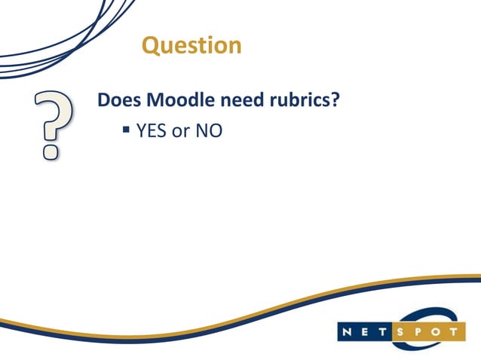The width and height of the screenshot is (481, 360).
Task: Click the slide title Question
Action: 191,45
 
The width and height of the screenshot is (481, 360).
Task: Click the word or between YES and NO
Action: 181,133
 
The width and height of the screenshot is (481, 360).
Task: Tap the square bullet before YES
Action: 127,130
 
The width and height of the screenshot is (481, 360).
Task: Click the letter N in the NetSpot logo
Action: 348,331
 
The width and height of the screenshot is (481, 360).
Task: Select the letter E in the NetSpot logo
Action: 366,331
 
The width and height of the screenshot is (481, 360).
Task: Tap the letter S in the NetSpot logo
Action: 404,331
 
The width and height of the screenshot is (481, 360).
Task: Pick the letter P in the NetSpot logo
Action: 421,331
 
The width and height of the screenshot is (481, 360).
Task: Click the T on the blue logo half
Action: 384,331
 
